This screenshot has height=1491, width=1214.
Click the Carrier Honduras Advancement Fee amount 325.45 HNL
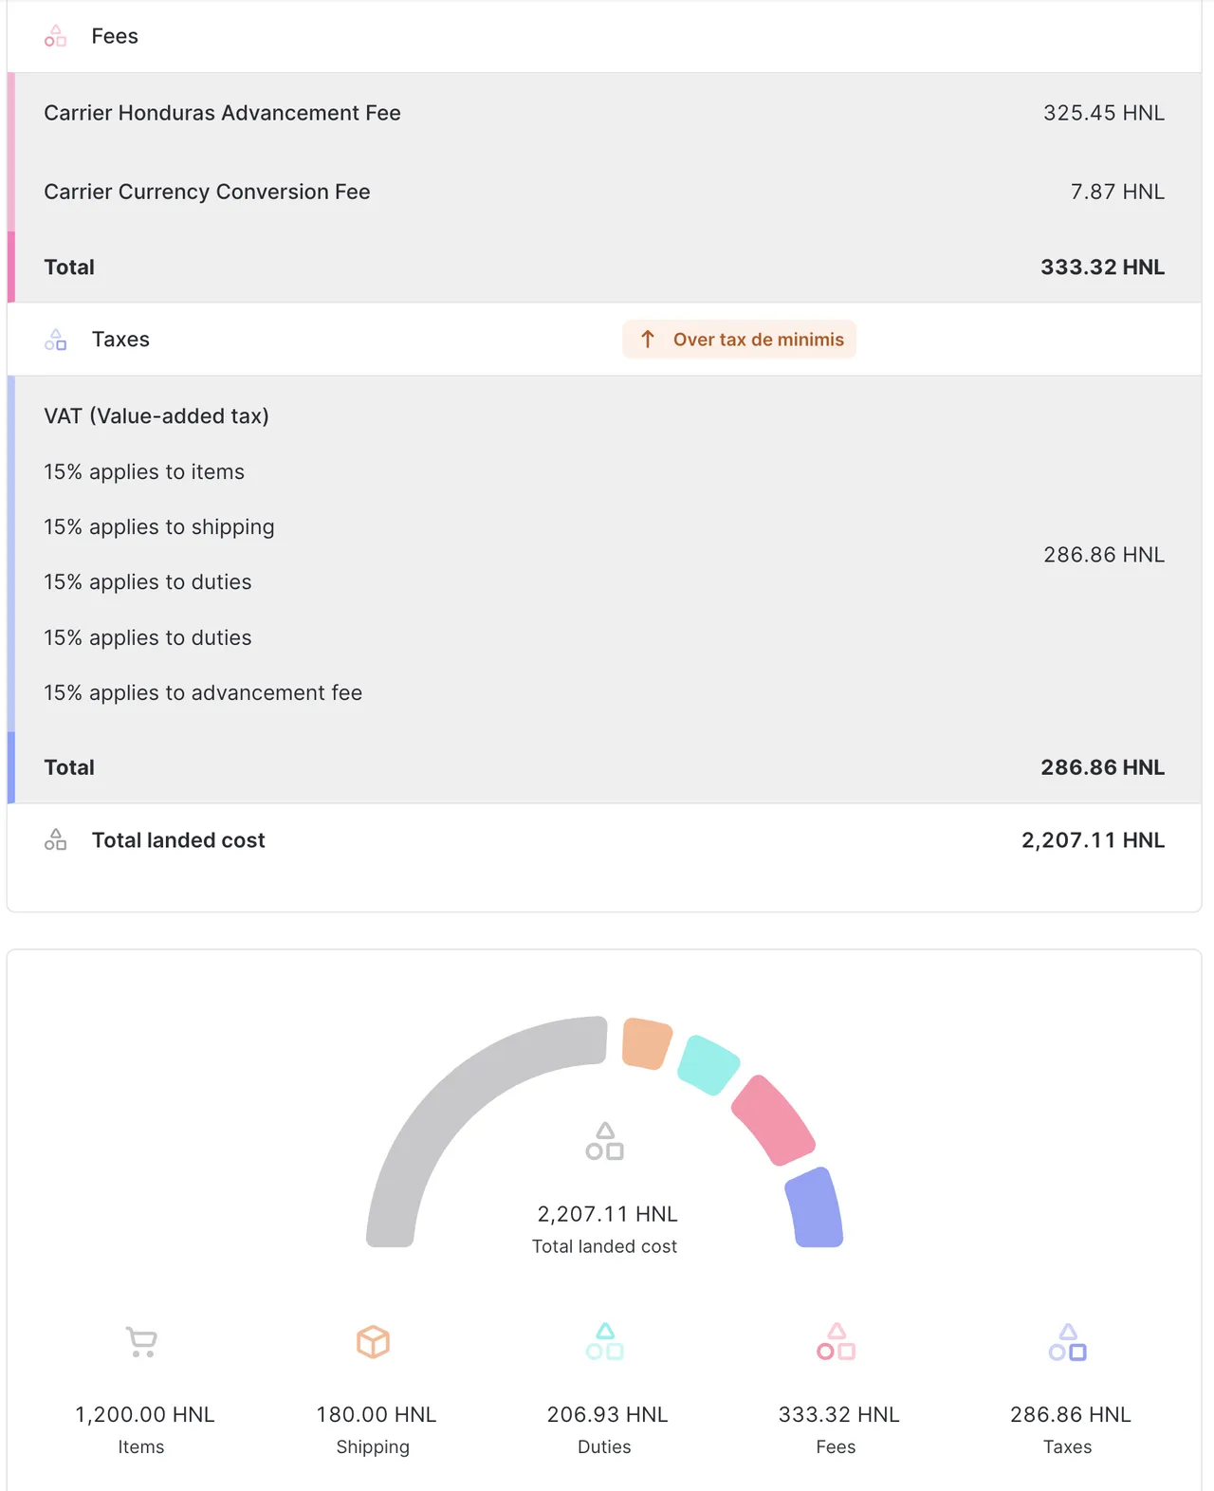(1103, 113)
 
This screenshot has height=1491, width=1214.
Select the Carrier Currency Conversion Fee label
(207, 192)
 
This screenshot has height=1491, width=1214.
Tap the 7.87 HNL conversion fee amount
(1116, 192)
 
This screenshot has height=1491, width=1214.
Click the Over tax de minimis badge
(739, 340)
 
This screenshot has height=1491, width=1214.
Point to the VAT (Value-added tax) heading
(156, 416)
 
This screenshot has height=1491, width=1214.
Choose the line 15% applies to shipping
(159, 527)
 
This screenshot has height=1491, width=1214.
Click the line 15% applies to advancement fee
(203, 693)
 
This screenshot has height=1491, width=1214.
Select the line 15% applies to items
(144, 472)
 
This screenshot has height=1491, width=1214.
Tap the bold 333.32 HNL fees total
(1102, 267)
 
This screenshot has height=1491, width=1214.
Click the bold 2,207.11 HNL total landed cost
(1093, 840)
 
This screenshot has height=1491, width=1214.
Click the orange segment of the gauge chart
(646, 1043)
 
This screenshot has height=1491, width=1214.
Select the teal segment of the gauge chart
(708, 1064)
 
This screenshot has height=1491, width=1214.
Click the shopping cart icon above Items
(141, 1341)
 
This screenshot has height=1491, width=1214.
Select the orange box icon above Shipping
(373, 1341)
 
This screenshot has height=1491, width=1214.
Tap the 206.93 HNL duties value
(607, 1415)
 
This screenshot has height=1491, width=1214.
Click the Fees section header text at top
(115, 36)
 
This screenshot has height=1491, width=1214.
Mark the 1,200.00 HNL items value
(145, 1415)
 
